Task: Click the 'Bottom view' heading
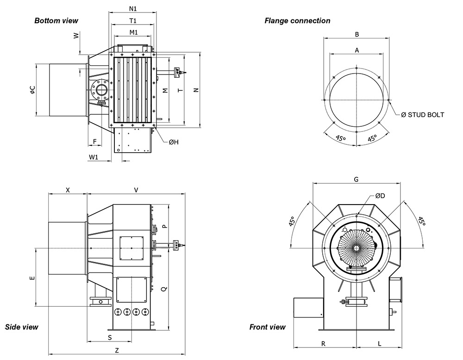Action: tap(56, 20)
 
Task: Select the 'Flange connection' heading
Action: tap(297, 20)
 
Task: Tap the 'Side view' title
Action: tap(21, 327)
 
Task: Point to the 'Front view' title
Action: tap(268, 327)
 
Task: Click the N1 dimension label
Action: tap(133, 9)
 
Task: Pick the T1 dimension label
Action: tap(133, 21)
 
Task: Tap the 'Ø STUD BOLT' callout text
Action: tap(422, 114)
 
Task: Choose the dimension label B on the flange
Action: tap(357, 34)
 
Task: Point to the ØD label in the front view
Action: tap(380, 196)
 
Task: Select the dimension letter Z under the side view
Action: tap(117, 350)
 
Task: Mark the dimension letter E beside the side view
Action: tap(31, 278)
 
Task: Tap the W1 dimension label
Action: tap(94, 157)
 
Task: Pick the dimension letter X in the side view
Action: tap(68, 190)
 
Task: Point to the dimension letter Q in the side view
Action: tap(163, 289)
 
